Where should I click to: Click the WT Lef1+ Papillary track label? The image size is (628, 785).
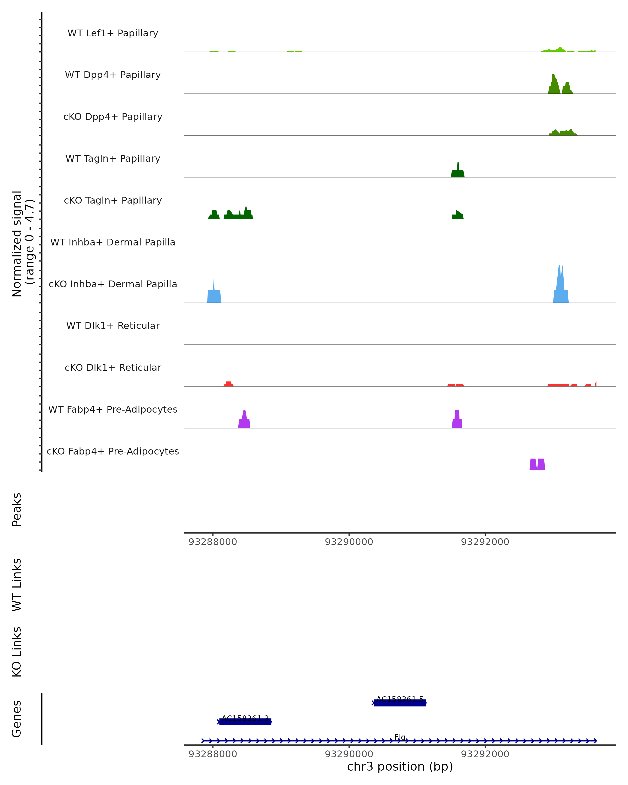(113, 33)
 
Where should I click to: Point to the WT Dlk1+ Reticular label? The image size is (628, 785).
(113, 326)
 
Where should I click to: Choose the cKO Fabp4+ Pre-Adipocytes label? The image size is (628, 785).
(113, 451)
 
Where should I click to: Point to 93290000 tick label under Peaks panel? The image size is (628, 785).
(349, 542)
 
